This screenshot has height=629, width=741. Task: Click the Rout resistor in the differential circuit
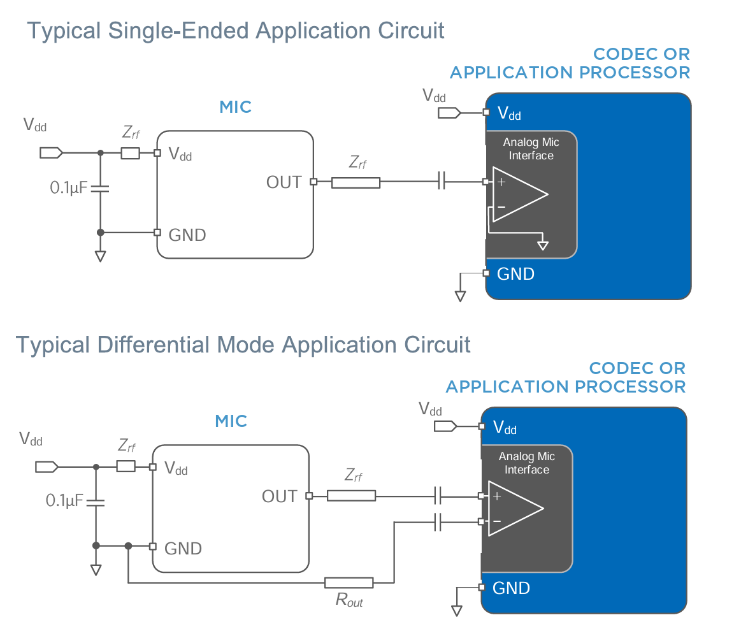(349, 582)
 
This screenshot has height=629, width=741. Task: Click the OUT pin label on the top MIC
(284, 182)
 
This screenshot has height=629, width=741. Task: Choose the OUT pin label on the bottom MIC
(280, 496)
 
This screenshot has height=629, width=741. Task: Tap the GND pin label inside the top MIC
(187, 235)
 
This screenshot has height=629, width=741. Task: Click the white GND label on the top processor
(515, 275)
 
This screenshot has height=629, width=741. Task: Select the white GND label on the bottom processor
(511, 588)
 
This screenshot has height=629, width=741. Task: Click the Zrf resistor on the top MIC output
(356, 183)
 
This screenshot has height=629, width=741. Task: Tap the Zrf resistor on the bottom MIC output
(351, 496)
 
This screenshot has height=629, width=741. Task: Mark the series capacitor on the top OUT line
(441, 182)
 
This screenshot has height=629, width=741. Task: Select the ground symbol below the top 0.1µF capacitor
(100, 256)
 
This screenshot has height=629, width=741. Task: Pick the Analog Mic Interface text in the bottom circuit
(526, 463)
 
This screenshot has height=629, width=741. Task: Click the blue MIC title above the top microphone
(236, 107)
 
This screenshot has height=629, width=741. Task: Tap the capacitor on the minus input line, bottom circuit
(437, 523)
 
